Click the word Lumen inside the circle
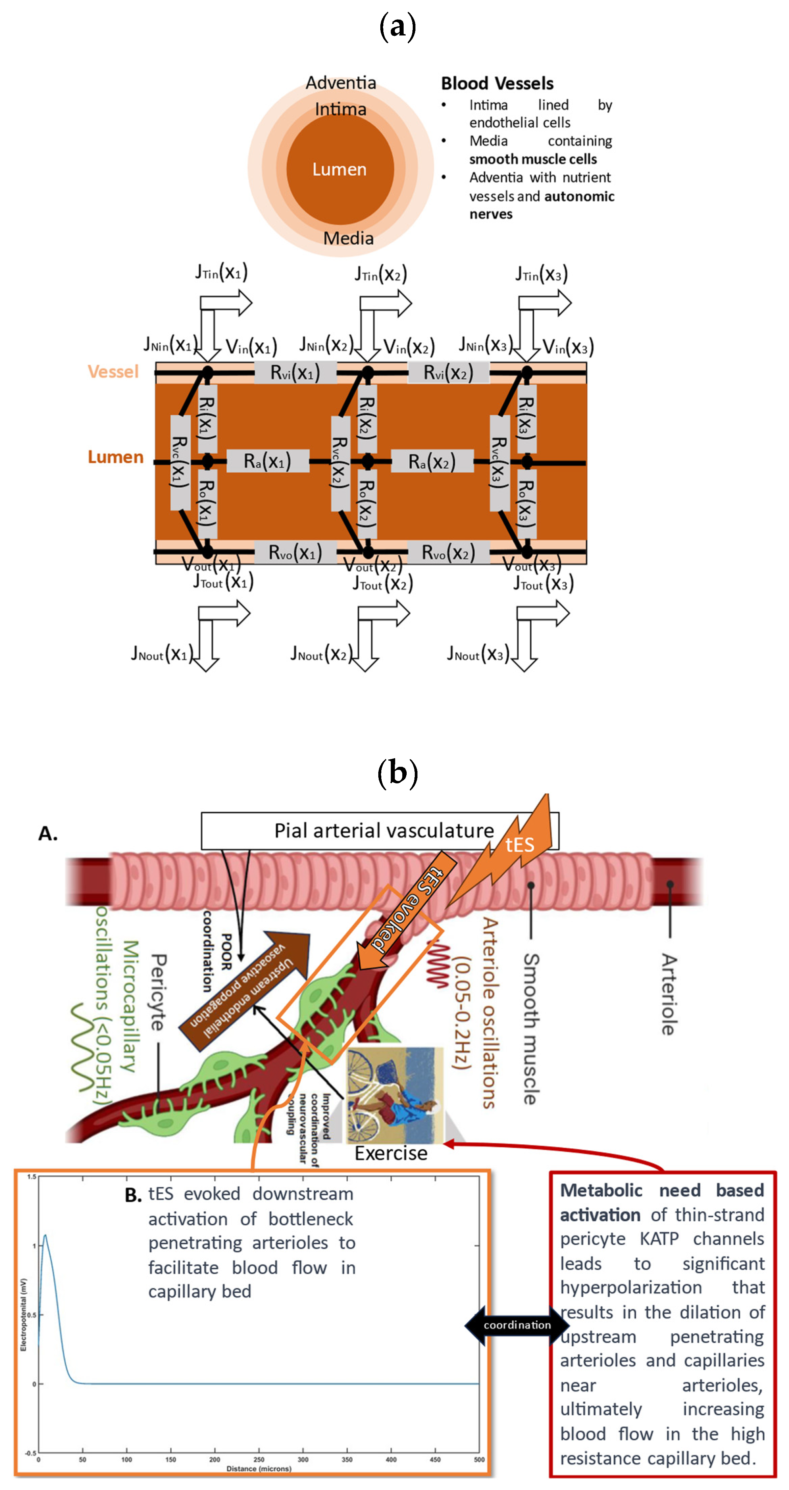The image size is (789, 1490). [x=339, y=169]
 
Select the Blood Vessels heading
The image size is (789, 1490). [x=497, y=83]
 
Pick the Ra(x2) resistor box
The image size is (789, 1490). [x=432, y=462]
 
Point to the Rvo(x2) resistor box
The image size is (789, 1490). [x=448, y=553]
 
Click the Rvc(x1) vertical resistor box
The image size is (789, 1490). [x=180, y=462]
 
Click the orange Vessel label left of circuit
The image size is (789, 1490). [x=113, y=371]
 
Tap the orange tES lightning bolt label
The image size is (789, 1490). [x=519, y=845]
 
